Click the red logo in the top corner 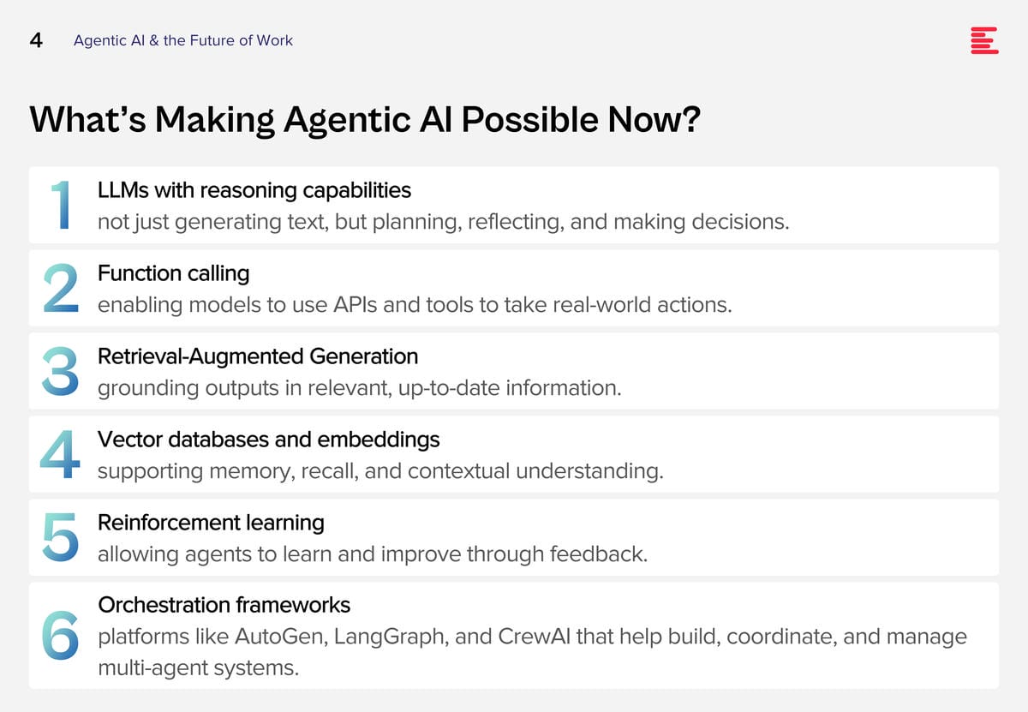tap(984, 40)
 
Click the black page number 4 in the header tap(36, 40)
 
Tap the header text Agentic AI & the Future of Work tap(183, 40)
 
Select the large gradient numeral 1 tap(61, 204)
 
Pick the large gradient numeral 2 tap(61, 288)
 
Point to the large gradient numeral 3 tap(60, 371)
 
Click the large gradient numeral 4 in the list tap(60, 454)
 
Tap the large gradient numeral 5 tap(60, 537)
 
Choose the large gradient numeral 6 tap(60, 636)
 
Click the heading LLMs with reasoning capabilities tap(254, 190)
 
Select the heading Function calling tap(173, 273)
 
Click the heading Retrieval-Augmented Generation tap(258, 356)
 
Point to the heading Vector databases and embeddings tap(268, 440)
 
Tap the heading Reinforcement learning tap(211, 523)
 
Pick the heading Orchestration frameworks tap(224, 605)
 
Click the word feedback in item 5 tap(599, 554)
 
